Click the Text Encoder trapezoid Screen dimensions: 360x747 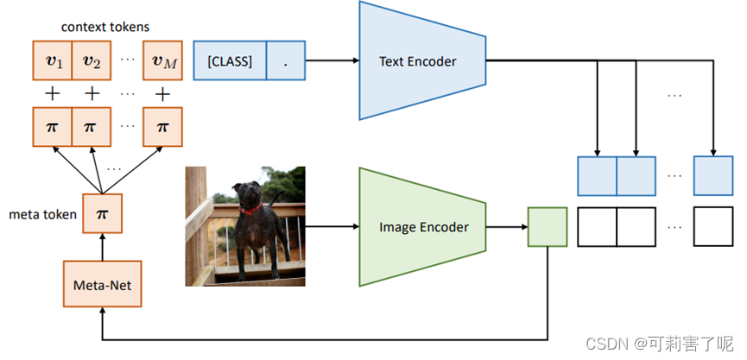point(417,61)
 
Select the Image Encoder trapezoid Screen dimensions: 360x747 point(423,227)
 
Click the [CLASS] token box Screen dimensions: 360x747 point(230,61)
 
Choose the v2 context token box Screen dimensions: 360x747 point(91,61)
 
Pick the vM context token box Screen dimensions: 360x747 point(162,61)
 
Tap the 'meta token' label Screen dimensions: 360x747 point(41,213)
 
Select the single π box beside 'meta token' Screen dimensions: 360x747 point(102,213)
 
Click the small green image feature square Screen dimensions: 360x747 point(547,227)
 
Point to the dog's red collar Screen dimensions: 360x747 point(250,209)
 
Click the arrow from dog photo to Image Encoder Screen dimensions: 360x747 point(332,227)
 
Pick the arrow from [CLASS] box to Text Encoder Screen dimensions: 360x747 point(332,61)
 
